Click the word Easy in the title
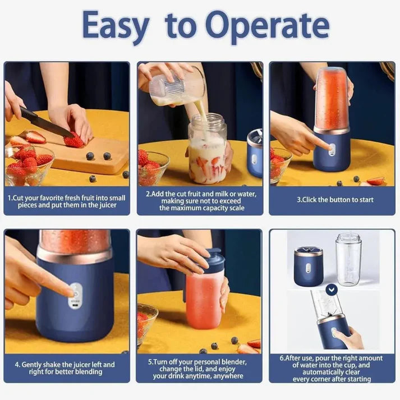[116, 26]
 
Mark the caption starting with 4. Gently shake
[66, 368]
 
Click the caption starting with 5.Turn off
[199, 369]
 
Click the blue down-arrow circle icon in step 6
[332, 289]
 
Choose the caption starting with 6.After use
[331, 369]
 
